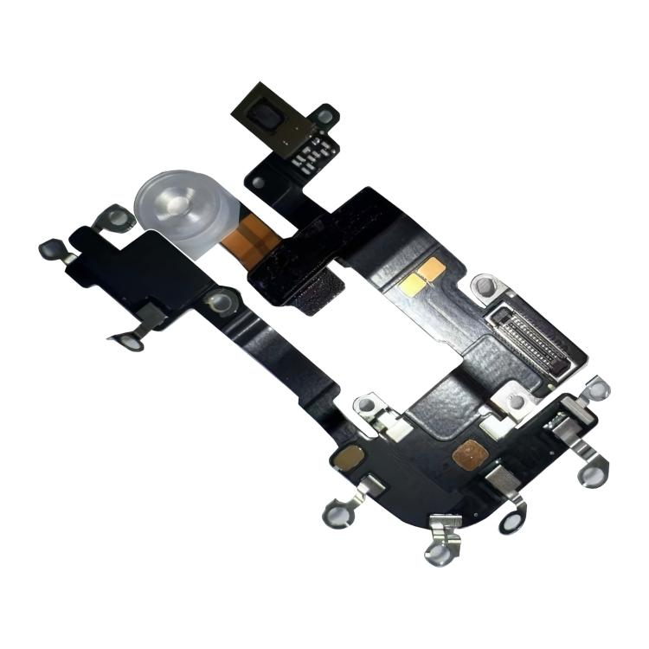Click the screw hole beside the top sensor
click(326, 114)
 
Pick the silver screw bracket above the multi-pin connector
click(486, 287)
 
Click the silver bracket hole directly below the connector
click(518, 401)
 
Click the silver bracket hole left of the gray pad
click(368, 404)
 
